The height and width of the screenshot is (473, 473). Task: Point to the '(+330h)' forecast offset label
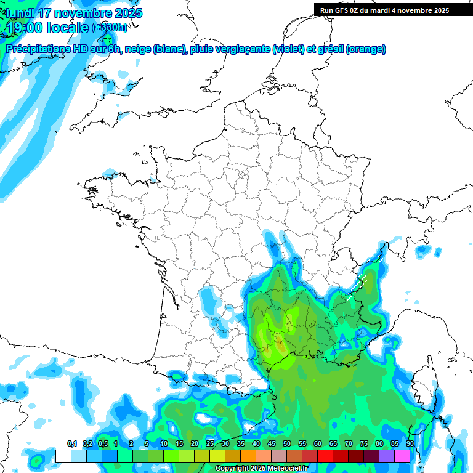(x=110, y=28)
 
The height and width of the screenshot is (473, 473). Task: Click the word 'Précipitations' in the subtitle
(x=37, y=49)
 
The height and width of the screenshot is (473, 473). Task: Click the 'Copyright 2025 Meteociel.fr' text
(x=261, y=469)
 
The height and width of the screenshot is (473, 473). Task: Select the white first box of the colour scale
(x=63, y=456)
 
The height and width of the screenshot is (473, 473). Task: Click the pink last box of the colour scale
(x=402, y=456)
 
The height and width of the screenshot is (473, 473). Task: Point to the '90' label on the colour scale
(x=410, y=444)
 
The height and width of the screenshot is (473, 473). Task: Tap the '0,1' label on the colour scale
(x=71, y=444)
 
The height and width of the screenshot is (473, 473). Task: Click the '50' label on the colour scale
(x=287, y=444)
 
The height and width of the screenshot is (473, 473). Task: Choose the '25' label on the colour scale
(x=210, y=444)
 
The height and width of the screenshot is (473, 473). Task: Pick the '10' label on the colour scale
(x=164, y=444)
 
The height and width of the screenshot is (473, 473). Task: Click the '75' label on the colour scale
(x=364, y=444)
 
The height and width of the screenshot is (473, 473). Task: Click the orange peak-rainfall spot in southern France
(x=280, y=344)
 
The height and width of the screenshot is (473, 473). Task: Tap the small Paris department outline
(x=242, y=174)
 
